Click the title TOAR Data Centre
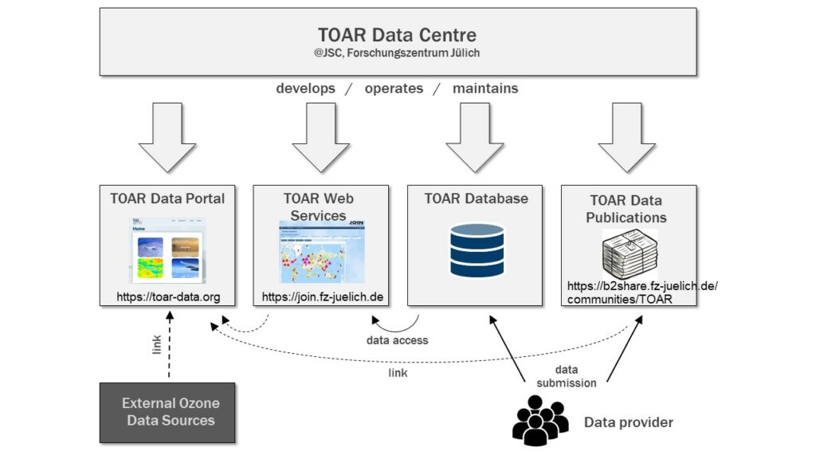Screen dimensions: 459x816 (x=397, y=35)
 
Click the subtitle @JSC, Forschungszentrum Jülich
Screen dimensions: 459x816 (x=397, y=53)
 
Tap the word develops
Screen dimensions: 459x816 (x=305, y=88)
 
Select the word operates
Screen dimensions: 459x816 (x=394, y=88)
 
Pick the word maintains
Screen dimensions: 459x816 (x=485, y=88)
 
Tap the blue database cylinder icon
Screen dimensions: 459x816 (x=477, y=249)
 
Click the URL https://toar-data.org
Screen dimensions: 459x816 (x=168, y=297)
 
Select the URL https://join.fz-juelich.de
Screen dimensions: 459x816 (x=323, y=297)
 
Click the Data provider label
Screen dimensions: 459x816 (x=628, y=422)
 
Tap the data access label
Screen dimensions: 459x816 (x=397, y=340)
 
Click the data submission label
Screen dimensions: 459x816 (x=566, y=376)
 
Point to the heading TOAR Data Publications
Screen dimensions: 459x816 (x=626, y=209)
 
